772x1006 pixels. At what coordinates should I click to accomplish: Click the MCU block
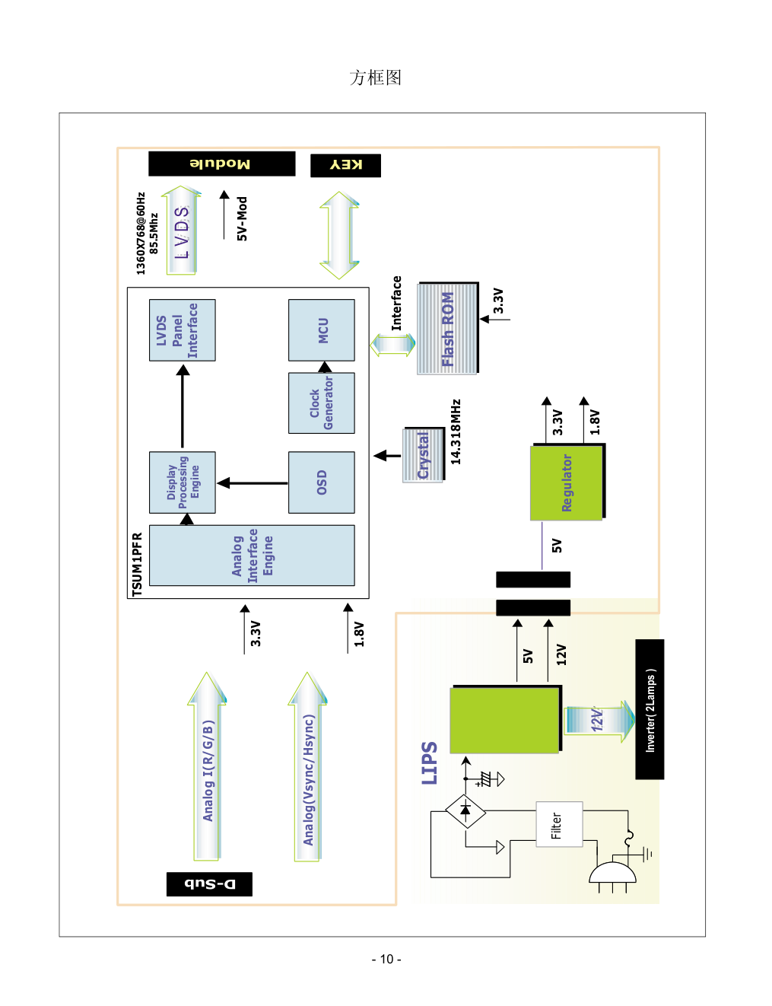pos(322,330)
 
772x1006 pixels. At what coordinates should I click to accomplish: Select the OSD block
pos(322,482)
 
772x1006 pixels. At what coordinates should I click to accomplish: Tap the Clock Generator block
pos(322,403)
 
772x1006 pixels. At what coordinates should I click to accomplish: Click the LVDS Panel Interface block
pos(183,330)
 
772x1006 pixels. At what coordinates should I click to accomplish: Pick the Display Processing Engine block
pos(183,482)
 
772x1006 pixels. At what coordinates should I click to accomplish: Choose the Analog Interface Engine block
pos(252,556)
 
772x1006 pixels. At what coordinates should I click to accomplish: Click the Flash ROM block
pos(447,329)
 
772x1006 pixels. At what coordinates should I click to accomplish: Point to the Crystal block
pos(423,455)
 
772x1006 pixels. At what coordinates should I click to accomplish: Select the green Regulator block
pos(567,482)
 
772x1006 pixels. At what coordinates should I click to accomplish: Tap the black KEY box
pos(345,165)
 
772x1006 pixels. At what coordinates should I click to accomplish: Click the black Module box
pos(221,164)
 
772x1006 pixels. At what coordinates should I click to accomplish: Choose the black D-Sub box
pos(209,883)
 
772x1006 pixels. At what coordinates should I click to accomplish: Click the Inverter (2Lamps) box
pos(650,709)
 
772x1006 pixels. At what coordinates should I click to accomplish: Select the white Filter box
pos(559,824)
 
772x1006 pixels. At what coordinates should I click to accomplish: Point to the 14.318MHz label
pos(456,431)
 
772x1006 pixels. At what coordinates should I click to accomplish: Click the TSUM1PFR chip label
pos(137,564)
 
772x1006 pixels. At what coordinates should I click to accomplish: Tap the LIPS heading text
pos(430,762)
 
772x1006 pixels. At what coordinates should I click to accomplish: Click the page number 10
pos(386,959)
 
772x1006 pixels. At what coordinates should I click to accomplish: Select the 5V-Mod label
pos(242,218)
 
